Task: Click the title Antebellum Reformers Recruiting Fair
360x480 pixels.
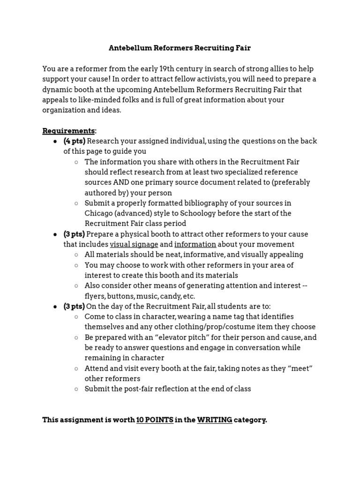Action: [180, 48]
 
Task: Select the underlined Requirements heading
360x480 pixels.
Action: [69, 131]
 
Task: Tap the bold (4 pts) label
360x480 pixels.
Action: [75, 141]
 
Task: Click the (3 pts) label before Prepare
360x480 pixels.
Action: [75, 234]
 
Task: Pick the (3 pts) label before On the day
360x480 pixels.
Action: [74, 306]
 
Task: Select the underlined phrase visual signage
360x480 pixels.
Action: [134, 244]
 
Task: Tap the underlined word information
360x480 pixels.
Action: [195, 244]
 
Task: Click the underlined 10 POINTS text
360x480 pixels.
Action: [154, 420]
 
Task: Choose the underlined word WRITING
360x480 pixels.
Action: [214, 420]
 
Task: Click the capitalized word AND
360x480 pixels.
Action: [120, 182]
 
